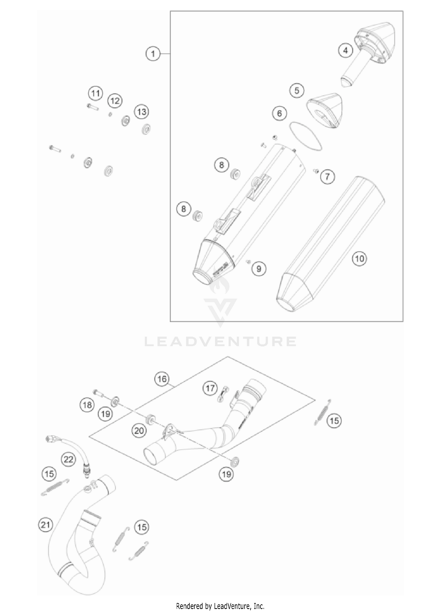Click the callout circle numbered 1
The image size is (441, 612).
[x=153, y=54]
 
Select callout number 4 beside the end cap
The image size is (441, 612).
[x=345, y=51]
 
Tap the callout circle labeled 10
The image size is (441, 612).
[x=359, y=259]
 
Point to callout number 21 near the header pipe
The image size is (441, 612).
[x=46, y=525]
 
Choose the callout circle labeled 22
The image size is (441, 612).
[x=68, y=459]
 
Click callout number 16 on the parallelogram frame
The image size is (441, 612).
[x=162, y=379]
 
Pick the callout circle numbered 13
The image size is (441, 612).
[x=141, y=112]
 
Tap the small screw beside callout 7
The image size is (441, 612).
[x=316, y=170]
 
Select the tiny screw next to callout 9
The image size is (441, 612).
[x=248, y=261]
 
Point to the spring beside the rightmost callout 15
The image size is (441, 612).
[x=322, y=412]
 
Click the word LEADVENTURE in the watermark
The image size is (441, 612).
[x=220, y=341]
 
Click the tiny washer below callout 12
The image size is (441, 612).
[x=110, y=114]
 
